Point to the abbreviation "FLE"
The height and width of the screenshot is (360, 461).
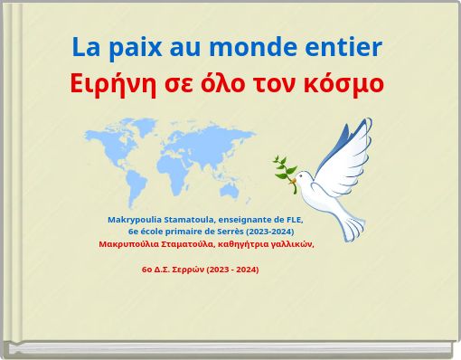294,220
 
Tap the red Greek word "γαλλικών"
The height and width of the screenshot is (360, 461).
289,244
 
